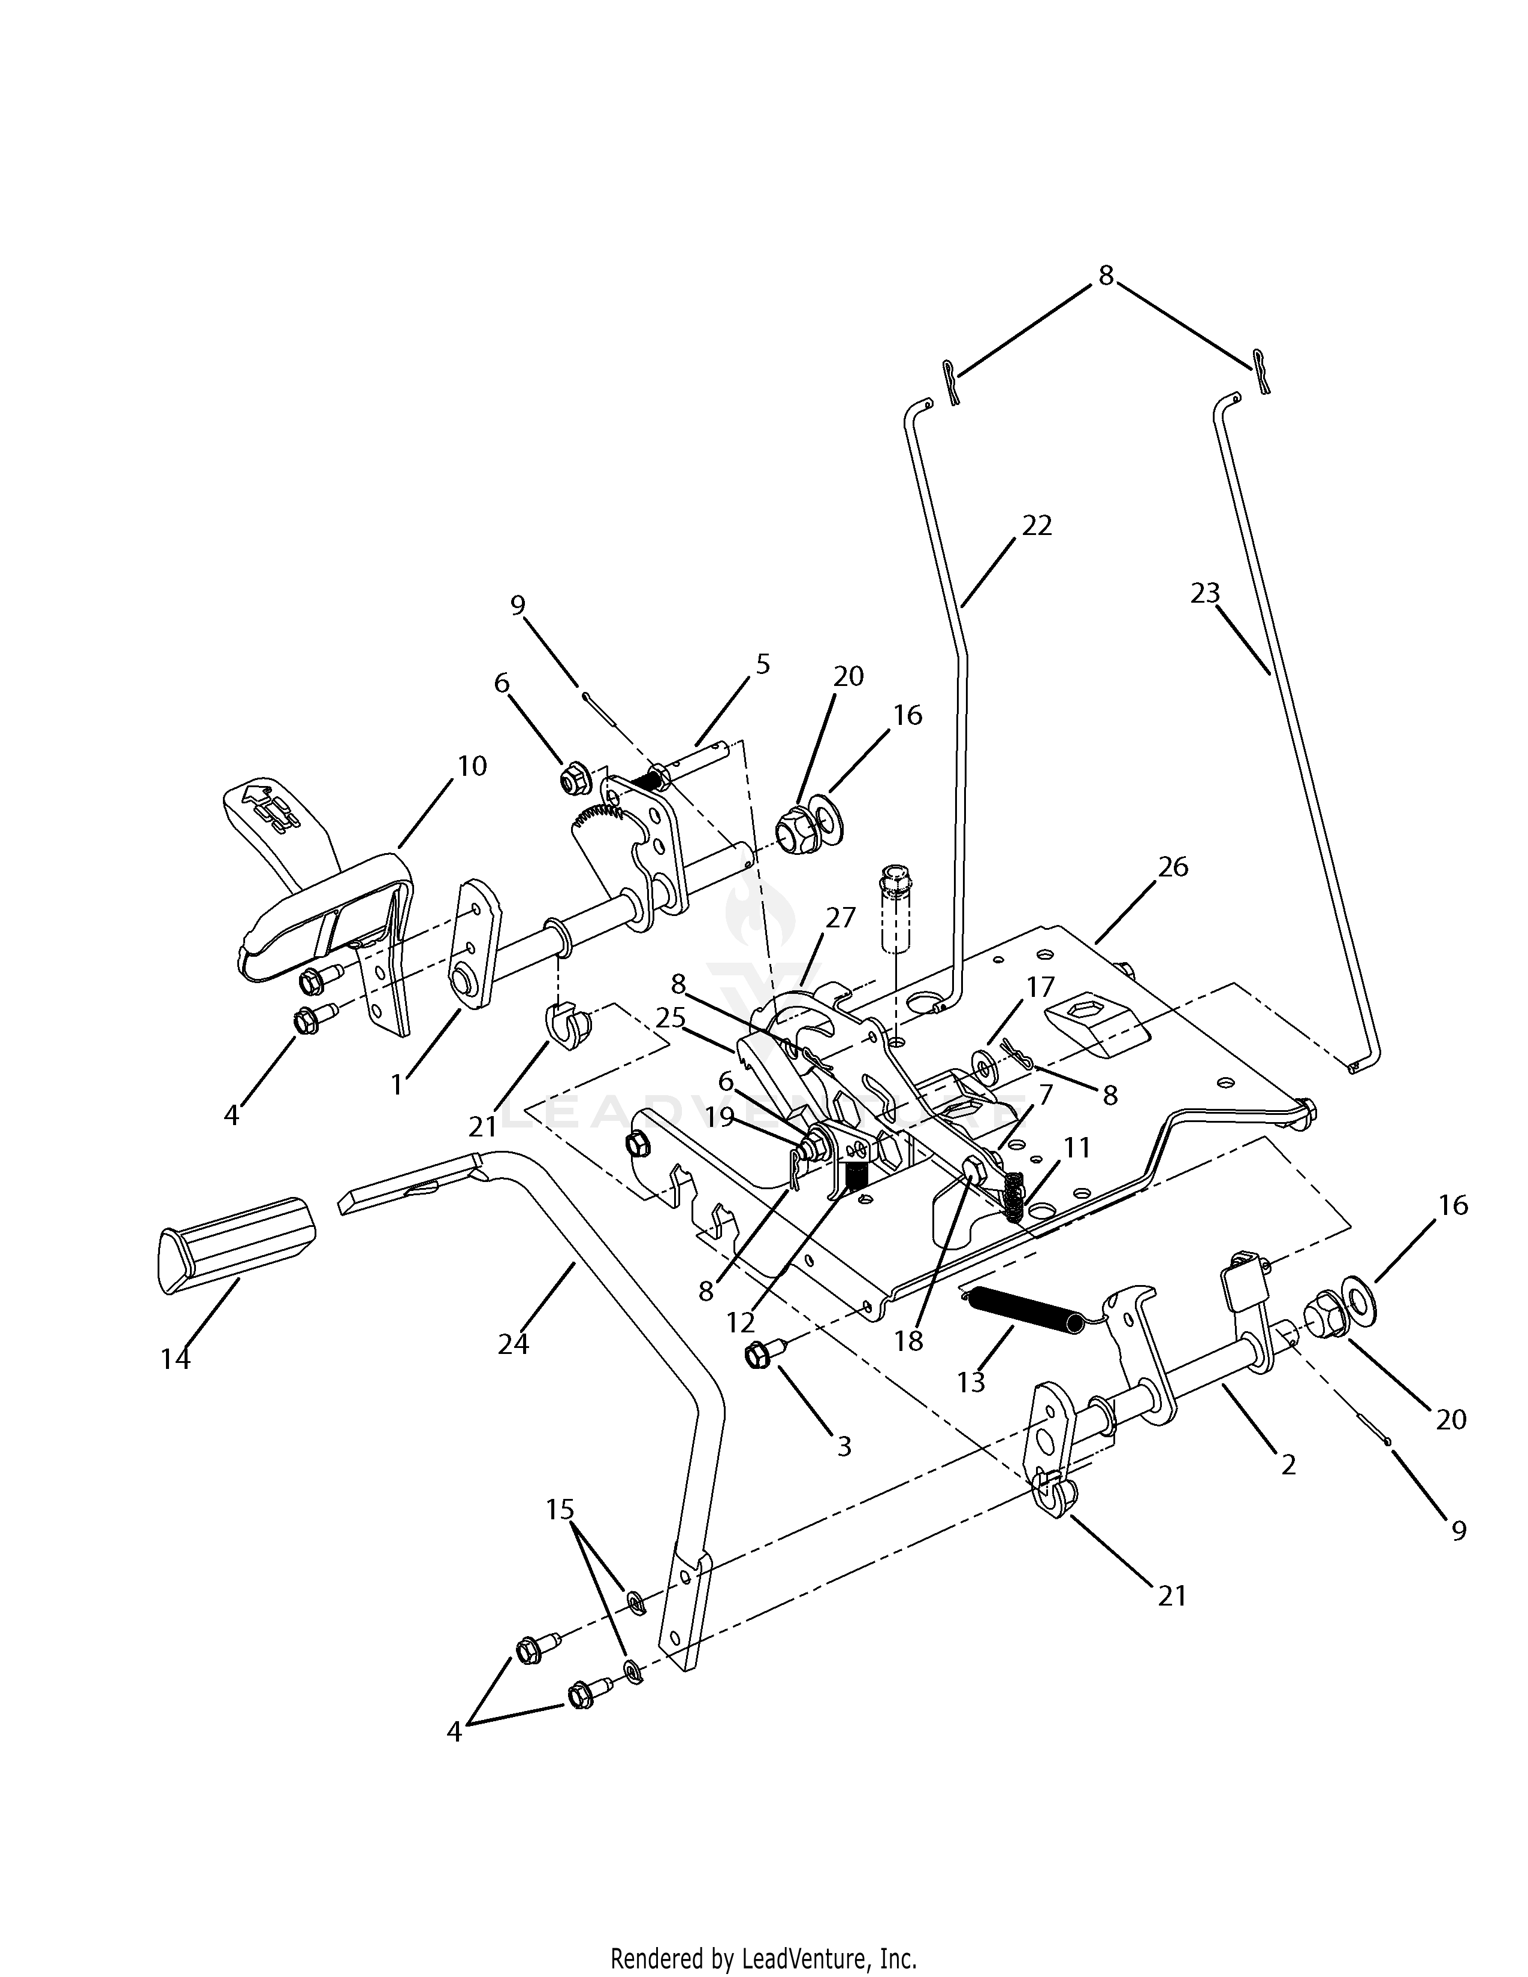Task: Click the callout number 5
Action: [x=762, y=664]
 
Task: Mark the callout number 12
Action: [x=739, y=1323]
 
